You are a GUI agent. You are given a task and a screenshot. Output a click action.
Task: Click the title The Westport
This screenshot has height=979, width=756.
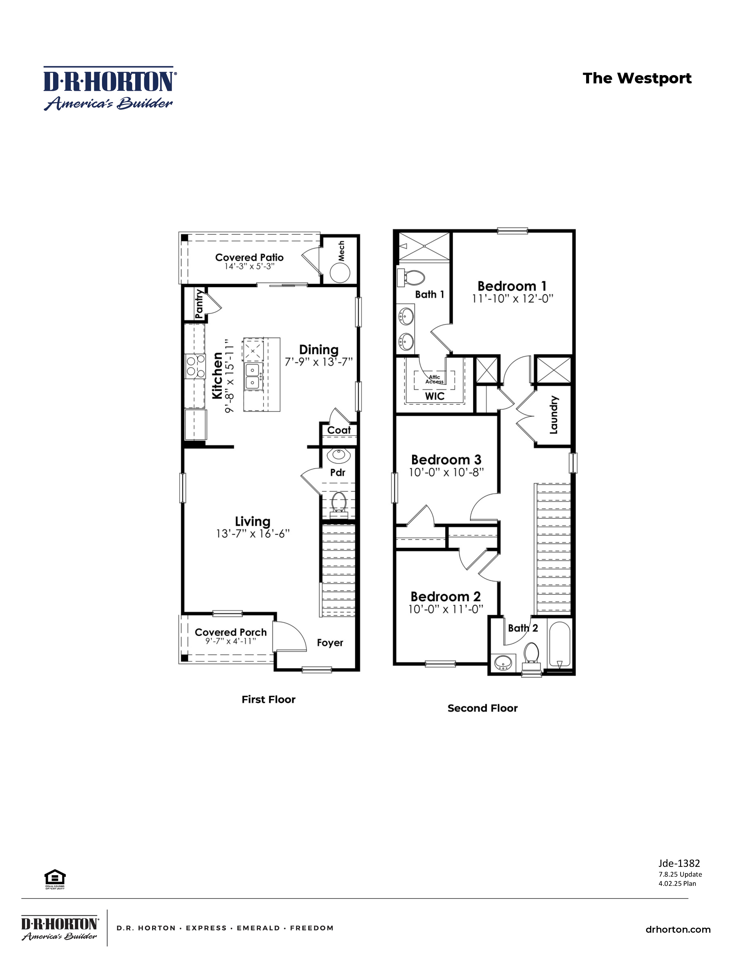pyautogui.click(x=637, y=78)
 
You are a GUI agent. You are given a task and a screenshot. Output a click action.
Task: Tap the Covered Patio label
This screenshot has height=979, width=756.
pyautogui.click(x=249, y=257)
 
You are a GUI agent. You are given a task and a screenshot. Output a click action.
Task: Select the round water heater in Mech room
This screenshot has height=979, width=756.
pyautogui.click(x=340, y=272)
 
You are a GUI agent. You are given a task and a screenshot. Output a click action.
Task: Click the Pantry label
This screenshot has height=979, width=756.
pyautogui.click(x=199, y=304)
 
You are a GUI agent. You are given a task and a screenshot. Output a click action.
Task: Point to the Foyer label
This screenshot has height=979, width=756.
pyautogui.click(x=330, y=642)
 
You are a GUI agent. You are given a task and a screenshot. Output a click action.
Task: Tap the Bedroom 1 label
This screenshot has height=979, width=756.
pyautogui.click(x=512, y=286)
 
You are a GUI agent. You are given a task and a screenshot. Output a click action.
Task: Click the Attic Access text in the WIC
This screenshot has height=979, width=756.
pyautogui.click(x=434, y=379)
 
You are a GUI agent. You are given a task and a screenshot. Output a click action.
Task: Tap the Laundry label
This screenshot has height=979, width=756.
pyautogui.click(x=554, y=415)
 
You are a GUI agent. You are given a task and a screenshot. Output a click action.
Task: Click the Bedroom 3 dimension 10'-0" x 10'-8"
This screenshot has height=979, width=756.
pyautogui.click(x=446, y=472)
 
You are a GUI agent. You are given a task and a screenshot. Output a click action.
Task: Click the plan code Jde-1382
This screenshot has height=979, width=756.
pyautogui.click(x=679, y=863)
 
